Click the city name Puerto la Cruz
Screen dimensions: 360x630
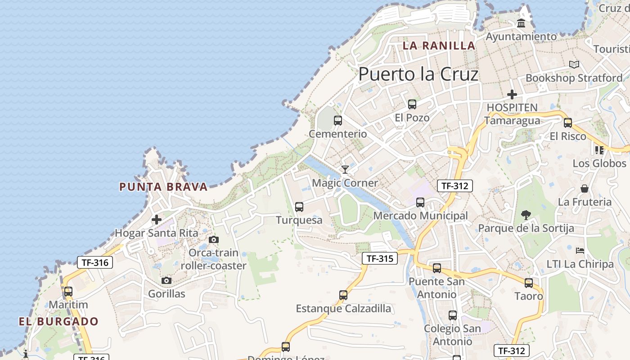418,74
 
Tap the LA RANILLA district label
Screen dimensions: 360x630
439,45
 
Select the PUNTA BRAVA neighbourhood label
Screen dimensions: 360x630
163,187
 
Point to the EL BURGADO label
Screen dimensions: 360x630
58,321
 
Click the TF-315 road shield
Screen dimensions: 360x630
380,258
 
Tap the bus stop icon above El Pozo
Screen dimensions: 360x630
412,104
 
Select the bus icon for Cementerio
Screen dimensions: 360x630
338,121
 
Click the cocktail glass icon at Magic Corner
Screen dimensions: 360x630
345,170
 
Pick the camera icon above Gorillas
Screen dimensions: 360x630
166,281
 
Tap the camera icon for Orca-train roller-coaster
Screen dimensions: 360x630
214,239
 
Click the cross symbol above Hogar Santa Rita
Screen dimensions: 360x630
157,220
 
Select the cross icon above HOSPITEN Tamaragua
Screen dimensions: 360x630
512,94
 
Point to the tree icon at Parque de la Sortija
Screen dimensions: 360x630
526,215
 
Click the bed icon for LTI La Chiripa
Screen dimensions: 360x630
580,250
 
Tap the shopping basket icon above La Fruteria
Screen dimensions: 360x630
585,188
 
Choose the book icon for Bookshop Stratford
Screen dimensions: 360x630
574,65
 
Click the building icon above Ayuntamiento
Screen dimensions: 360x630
521,23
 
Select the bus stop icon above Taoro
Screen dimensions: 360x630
529,283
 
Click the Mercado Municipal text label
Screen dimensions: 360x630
420,216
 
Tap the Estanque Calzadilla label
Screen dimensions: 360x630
343,309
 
